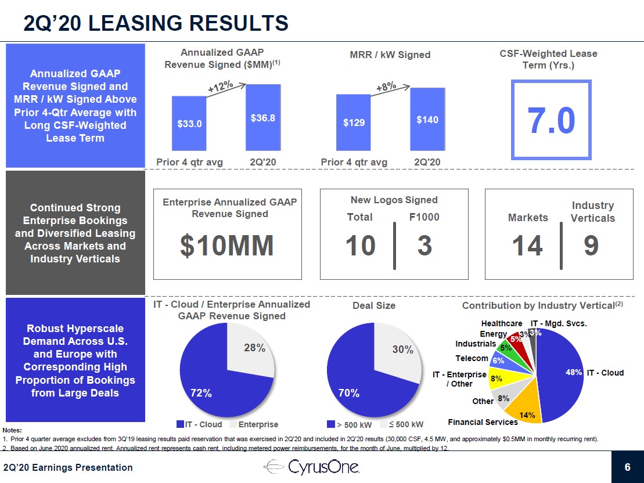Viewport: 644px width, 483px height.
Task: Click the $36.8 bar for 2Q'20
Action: tap(262, 118)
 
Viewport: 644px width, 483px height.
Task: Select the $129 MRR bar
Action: tap(353, 122)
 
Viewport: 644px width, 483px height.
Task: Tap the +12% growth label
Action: tap(221, 87)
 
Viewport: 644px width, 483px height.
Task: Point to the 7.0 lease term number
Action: tap(551, 120)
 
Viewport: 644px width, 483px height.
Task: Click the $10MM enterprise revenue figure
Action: tap(227, 246)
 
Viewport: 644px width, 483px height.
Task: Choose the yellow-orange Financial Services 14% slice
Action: tap(523, 409)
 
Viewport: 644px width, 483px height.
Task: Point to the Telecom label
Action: tap(472, 358)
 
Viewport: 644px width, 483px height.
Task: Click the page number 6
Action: tap(627, 467)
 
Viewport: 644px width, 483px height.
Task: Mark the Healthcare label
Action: tap(501, 323)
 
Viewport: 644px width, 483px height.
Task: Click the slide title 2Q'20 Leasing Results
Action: tap(156, 23)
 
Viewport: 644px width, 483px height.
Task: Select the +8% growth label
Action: tap(386, 87)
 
